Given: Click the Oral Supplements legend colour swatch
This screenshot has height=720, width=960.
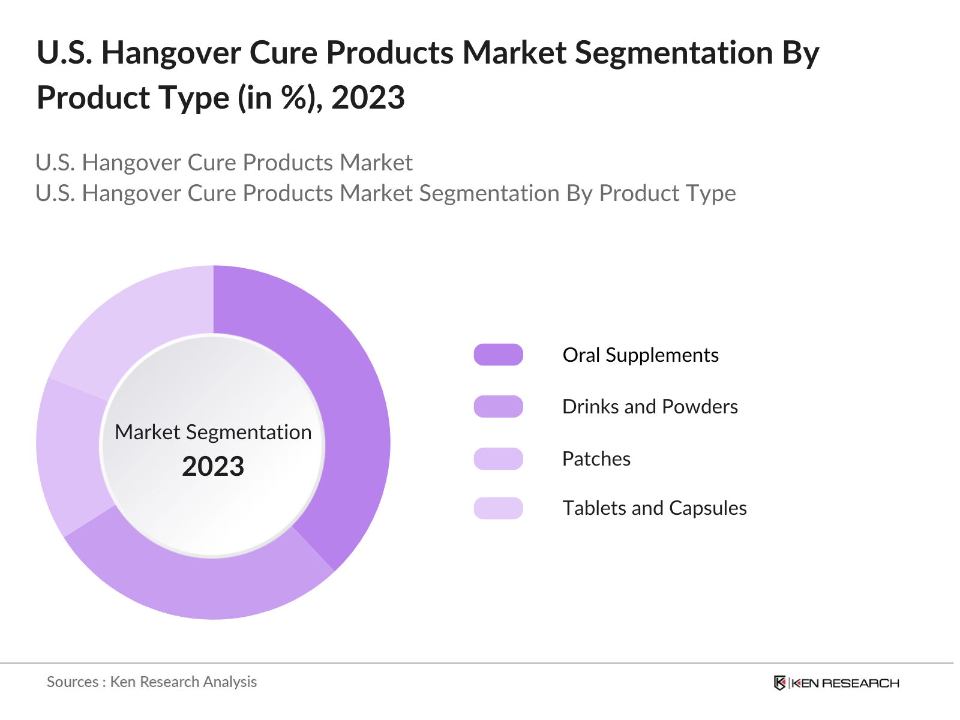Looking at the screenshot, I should coord(498,355).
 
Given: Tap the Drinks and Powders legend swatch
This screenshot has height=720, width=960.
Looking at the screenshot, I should coord(498,406).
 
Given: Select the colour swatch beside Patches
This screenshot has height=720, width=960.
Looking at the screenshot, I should coord(498,458).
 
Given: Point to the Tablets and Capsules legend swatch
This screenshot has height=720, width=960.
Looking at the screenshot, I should coord(498,508).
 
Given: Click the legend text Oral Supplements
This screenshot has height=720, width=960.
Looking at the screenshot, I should coord(640,355).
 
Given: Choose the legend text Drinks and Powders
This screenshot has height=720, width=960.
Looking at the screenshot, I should coord(650,406).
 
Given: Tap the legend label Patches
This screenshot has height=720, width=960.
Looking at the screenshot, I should coord(596,458).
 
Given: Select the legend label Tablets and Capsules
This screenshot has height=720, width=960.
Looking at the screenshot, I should coord(654,508).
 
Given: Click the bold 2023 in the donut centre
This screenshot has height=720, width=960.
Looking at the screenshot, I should coord(213,466).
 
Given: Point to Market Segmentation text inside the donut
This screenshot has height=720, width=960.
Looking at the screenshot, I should coord(213,432).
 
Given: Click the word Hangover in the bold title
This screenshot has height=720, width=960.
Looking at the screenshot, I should coord(171,53).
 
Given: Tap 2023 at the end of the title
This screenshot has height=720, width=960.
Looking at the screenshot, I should coord(368,97).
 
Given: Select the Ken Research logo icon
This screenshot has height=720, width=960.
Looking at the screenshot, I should coord(779,683).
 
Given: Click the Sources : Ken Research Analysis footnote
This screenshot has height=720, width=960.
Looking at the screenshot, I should coord(152,682).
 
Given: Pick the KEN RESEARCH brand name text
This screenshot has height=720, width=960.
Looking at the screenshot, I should coord(846,683).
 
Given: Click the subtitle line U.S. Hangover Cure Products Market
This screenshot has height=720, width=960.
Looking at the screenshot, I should coord(224,163).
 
